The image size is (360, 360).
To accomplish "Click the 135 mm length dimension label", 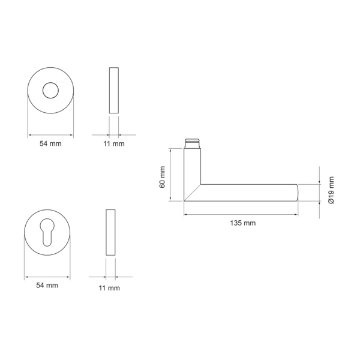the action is (x=242, y=223).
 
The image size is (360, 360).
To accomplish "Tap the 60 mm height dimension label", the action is (x=163, y=177).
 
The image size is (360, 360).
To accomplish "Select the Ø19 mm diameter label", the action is (x=331, y=190).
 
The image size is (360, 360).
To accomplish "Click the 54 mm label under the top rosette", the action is (x=50, y=144).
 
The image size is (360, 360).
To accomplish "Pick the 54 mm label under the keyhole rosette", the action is (x=47, y=286).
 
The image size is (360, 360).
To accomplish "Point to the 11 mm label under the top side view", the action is (x=114, y=144).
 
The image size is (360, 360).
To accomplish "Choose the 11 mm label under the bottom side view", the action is (x=109, y=288).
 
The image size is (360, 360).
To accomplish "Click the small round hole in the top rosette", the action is (x=50, y=91).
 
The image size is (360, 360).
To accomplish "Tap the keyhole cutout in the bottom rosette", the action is (x=47, y=232).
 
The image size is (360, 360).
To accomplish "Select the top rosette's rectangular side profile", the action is (x=114, y=90).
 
